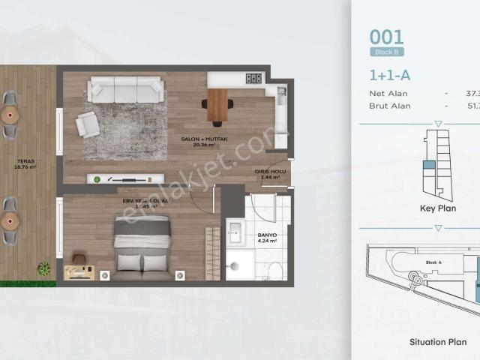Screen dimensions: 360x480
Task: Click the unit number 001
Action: [x=386, y=37]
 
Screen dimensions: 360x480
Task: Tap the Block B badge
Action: [x=386, y=52]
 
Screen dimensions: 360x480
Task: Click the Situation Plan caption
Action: [x=437, y=341]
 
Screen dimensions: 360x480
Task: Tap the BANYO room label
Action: [x=268, y=238]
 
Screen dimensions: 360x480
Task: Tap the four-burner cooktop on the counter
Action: [x=254, y=78]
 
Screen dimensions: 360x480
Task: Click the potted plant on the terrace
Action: [x=45, y=267]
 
